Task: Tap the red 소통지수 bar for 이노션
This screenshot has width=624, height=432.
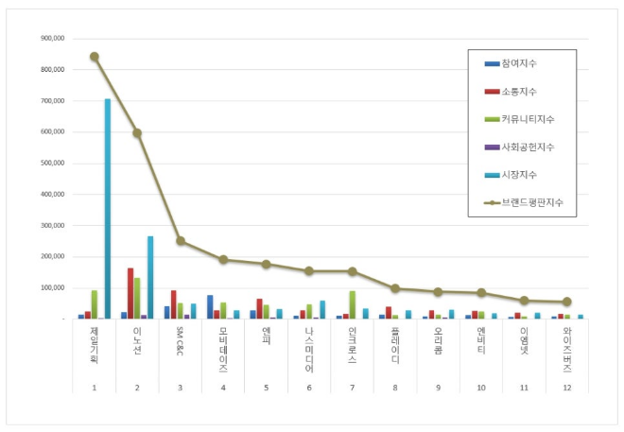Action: pyautogui.click(x=130, y=293)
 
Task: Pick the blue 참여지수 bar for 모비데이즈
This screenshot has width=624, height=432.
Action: pyautogui.click(x=210, y=307)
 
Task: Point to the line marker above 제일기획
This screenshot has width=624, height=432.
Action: pyautogui.click(x=95, y=57)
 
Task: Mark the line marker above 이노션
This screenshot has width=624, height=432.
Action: pyautogui.click(x=137, y=133)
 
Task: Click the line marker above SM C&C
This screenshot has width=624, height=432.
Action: pyautogui.click(x=181, y=241)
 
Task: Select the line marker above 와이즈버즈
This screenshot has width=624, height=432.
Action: pyautogui.click(x=567, y=302)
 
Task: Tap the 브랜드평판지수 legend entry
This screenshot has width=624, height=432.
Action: pyautogui.click(x=529, y=201)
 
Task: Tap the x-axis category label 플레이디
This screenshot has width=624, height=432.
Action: pyautogui.click(x=395, y=346)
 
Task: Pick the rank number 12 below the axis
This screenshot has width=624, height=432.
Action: pyautogui.click(x=567, y=387)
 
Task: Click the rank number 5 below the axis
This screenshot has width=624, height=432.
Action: pyautogui.click(x=267, y=387)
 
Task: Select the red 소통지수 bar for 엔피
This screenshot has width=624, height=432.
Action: pyautogui.click(x=259, y=308)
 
